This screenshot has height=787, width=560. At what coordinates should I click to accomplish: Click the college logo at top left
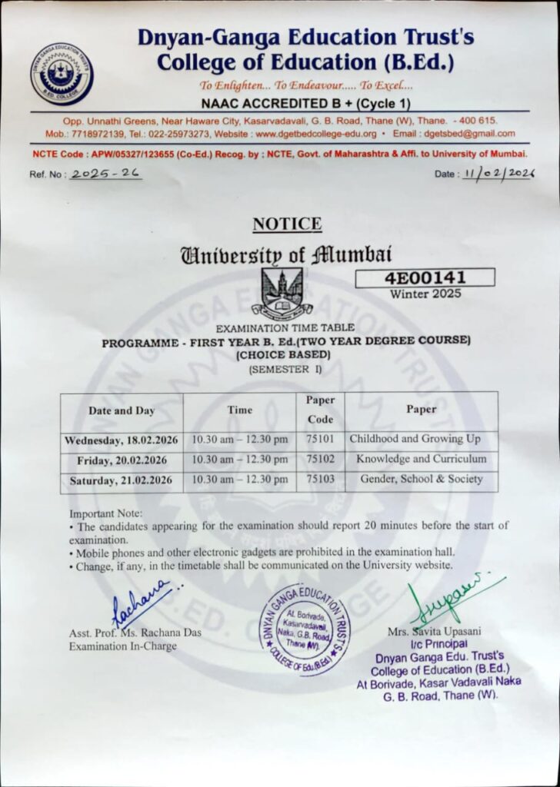point(62,74)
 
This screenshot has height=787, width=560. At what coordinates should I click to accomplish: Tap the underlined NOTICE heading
point(287,224)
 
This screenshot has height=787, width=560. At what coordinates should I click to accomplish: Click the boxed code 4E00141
point(425,277)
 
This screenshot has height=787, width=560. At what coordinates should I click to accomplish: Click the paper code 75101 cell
point(320,440)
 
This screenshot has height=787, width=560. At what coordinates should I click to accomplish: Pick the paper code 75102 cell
point(320,460)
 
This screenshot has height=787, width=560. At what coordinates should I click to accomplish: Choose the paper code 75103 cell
point(320,480)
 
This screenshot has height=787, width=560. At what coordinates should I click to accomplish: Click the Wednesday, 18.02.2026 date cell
point(122,440)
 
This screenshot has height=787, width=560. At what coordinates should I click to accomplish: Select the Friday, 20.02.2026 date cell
point(122,460)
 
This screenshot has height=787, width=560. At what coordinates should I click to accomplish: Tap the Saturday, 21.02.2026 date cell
point(122,480)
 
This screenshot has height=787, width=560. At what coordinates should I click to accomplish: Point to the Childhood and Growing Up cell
point(415,439)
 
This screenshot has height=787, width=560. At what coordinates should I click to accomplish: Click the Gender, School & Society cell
point(421,479)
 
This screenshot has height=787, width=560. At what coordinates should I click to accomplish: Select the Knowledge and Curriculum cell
point(421,459)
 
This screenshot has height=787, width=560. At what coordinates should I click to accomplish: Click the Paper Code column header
point(320,410)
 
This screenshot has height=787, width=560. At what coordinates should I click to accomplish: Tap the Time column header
point(240,410)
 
